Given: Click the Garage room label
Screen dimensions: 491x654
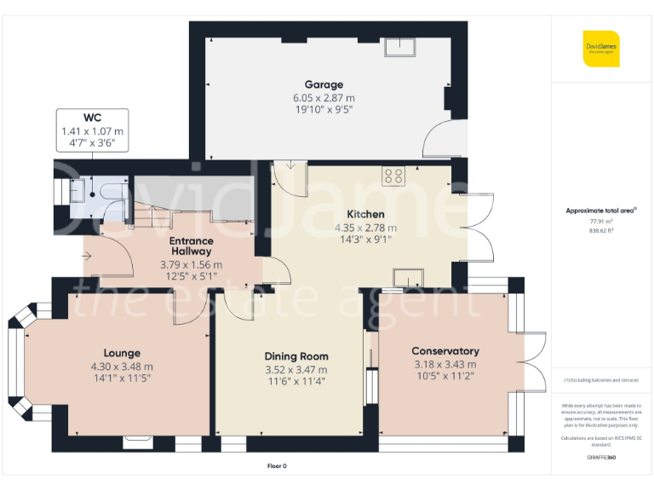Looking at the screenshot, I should click(x=324, y=84).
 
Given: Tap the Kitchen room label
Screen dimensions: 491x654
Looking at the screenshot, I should click(x=364, y=214).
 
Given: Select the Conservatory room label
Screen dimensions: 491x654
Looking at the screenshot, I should click(x=445, y=351).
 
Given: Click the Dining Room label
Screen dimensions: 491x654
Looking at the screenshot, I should click(x=296, y=356).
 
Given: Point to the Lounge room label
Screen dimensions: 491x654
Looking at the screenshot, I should click(x=122, y=353).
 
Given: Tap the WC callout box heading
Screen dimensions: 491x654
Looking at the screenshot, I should click(x=92, y=117).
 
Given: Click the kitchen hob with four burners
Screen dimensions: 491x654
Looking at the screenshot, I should click(x=393, y=176).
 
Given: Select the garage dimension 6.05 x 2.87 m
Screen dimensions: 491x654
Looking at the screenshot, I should click(x=324, y=98).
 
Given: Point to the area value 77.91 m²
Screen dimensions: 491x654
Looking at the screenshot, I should click(x=601, y=221).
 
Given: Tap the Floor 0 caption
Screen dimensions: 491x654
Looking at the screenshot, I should click(x=278, y=466).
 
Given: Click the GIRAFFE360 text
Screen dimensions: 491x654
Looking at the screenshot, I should click(x=601, y=458).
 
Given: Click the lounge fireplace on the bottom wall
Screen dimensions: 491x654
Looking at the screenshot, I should click(x=137, y=442).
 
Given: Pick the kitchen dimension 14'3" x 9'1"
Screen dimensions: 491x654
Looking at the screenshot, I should click(x=364, y=240).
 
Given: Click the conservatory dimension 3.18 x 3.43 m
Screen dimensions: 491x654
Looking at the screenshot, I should click(x=445, y=365).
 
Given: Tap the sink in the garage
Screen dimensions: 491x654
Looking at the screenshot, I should click(x=398, y=48).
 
